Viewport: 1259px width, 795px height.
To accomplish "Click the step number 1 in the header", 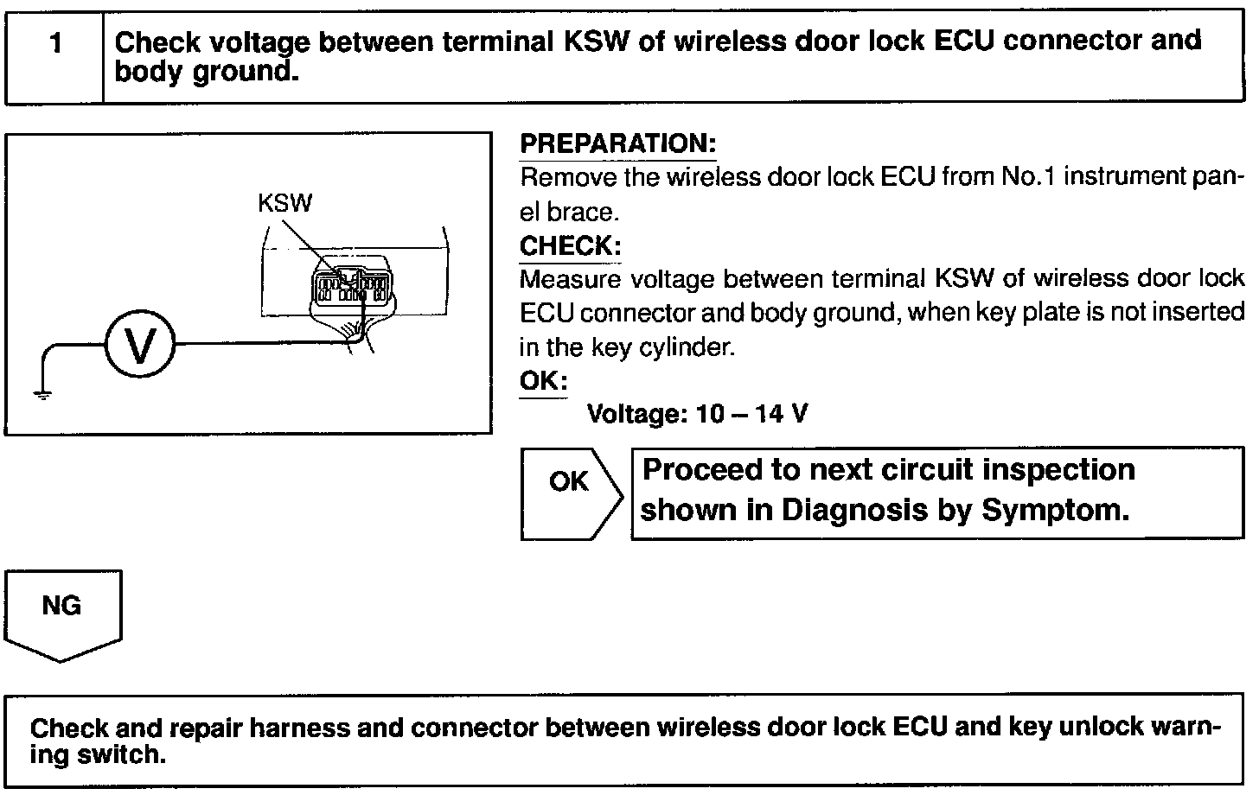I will click(x=55, y=43).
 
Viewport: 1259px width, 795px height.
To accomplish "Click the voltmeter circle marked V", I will click(x=139, y=346).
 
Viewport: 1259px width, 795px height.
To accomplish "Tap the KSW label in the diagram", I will click(x=284, y=203).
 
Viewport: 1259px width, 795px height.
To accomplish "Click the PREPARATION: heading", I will click(x=617, y=143).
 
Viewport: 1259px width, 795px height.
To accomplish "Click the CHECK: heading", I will click(x=570, y=246).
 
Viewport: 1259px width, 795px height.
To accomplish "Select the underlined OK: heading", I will click(x=543, y=381).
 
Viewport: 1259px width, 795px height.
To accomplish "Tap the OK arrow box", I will click(x=569, y=493).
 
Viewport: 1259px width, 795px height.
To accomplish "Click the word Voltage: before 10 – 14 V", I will click(x=636, y=415).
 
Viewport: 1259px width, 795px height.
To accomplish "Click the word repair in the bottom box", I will click(x=205, y=728).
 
